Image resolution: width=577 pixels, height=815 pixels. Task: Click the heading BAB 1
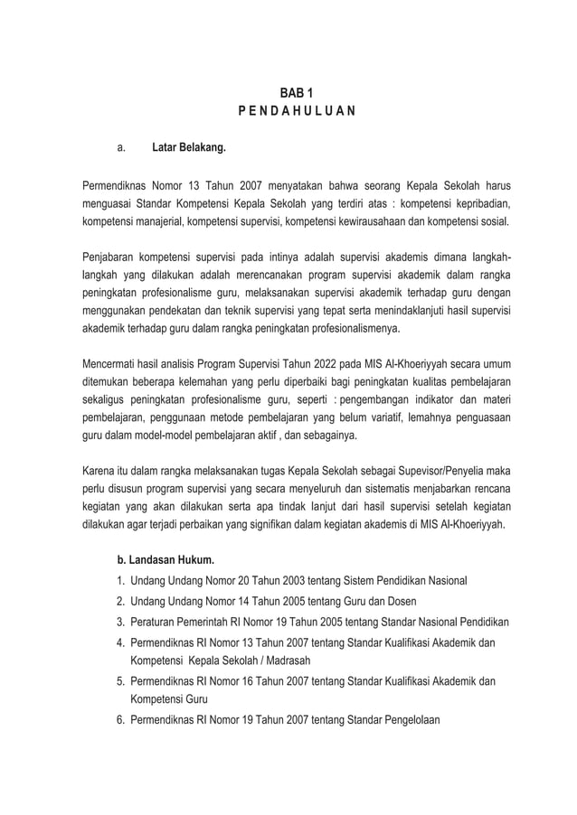(288, 93)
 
